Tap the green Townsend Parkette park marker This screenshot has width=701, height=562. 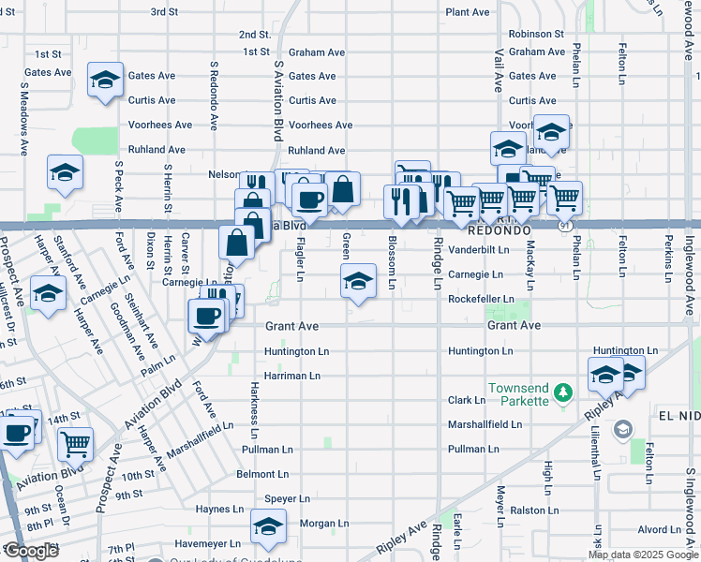coord(562,390)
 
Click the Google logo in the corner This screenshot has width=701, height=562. coord(31,551)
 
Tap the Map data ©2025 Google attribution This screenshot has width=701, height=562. coord(642,555)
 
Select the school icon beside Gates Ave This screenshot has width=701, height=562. coord(105,81)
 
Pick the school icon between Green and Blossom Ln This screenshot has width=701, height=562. coord(357,281)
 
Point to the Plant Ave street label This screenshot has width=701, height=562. coord(468,12)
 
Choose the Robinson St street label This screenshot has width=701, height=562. coord(535,34)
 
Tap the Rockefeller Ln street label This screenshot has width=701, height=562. coord(481,299)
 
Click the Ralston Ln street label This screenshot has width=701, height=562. coord(535,510)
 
